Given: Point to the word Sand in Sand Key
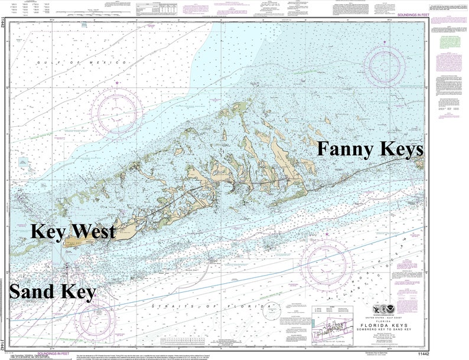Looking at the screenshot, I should [34, 291].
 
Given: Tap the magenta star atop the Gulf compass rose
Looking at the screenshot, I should [117, 83].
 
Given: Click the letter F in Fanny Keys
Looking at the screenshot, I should [324, 149].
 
